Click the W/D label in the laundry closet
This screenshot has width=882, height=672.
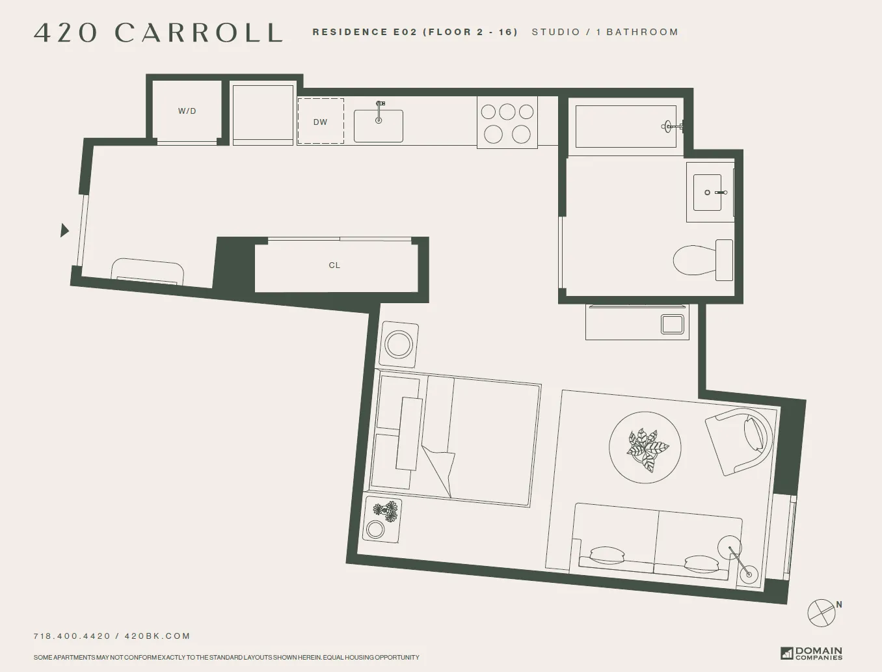[x=187, y=111]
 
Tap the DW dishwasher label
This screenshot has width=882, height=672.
[x=320, y=122]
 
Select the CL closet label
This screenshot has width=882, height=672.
[x=334, y=265]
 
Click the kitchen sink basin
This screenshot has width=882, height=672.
[x=378, y=126]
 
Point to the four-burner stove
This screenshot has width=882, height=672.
[x=507, y=122]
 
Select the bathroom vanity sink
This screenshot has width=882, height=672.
[x=707, y=193]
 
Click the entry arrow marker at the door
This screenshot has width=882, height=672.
[x=64, y=230]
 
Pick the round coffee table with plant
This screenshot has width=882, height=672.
[x=645, y=448]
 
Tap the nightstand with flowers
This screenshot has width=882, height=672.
[x=382, y=520]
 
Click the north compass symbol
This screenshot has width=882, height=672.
[x=822, y=612]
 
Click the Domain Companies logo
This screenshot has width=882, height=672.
[x=811, y=652]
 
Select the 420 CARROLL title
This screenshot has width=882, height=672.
[x=158, y=33]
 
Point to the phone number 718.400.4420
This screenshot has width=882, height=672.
[x=72, y=636]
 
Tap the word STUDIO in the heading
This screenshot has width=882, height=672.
[x=555, y=32]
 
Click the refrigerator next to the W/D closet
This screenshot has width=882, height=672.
[x=263, y=114]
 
